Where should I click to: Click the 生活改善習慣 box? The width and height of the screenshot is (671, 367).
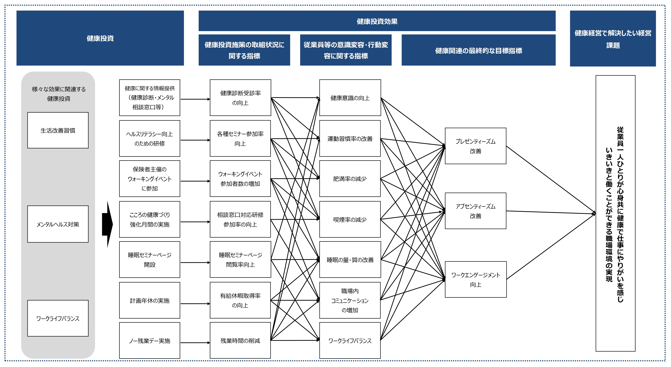click(x=58, y=130)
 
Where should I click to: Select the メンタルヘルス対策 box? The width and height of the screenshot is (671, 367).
click(x=58, y=224)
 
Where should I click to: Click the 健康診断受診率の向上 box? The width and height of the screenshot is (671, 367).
click(x=240, y=98)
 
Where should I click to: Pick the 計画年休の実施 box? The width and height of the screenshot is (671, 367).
click(x=150, y=300)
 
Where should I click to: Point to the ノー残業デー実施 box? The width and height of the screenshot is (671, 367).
click(x=150, y=341)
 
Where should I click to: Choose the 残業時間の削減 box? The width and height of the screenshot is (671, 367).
click(x=240, y=341)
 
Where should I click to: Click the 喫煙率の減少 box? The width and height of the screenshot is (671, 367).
click(x=350, y=219)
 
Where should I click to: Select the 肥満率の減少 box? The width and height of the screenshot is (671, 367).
click(x=350, y=179)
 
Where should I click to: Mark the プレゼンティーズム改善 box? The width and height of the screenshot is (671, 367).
click(x=475, y=146)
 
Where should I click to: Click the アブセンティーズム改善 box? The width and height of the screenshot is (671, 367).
click(x=475, y=211)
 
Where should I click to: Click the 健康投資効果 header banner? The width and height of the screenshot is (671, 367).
click(x=377, y=21)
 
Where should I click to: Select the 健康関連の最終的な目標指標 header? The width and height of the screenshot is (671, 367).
click(x=478, y=50)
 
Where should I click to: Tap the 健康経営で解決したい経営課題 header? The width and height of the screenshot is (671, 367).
click(x=613, y=39)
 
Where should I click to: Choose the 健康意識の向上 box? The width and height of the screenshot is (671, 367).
click(x=350, y=98)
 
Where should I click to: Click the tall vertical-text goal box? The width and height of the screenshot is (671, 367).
click(x=615, y=213)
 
